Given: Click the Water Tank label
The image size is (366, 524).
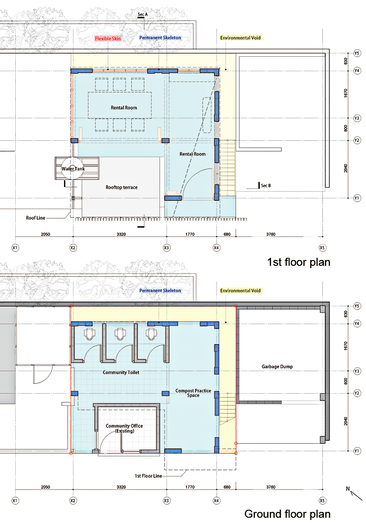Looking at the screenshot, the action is point(73,169).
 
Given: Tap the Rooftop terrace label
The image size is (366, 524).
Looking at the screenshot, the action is point(121,187).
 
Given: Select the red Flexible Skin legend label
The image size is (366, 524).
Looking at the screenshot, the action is point(108,38).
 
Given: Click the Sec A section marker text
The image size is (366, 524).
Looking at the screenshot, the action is point(142,14).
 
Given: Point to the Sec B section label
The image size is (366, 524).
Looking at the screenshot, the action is point(266,185).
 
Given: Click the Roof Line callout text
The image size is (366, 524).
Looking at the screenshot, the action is point(35,218).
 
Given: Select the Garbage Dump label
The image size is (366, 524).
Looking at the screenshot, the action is point(277,366).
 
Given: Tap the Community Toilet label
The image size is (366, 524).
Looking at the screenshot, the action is point(121,372).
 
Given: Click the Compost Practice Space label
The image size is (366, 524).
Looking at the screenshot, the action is point(193,393).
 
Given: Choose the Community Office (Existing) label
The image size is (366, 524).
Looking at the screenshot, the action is point(124,428).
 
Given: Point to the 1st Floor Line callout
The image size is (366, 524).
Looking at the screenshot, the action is point(149,476).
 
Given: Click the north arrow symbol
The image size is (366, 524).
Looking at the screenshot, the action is point(355,494).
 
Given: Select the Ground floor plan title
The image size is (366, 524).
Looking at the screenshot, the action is point(287,514).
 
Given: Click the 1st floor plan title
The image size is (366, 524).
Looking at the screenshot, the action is point(298,262).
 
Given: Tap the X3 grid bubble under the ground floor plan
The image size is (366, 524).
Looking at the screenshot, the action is point(166,501).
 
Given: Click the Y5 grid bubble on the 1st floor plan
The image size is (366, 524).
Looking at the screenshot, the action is point(357,53).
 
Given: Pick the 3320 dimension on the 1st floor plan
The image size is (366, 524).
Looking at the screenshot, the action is point(121,234).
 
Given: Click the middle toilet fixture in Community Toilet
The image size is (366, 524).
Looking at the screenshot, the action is point(120,333).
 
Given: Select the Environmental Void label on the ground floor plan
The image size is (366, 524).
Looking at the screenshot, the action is point(240,291).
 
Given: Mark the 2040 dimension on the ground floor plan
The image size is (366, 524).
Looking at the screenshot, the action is point(345,421).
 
